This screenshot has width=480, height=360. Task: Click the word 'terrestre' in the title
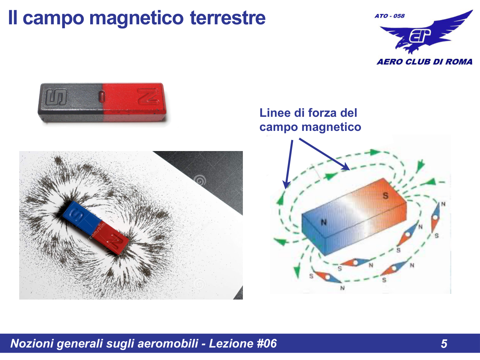[228, 18]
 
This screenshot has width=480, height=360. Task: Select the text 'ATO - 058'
[389, 16]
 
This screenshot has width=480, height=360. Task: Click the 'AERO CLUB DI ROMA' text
[424, 62]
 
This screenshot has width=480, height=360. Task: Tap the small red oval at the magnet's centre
[102, 96]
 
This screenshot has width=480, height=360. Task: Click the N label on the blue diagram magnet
[324, 222]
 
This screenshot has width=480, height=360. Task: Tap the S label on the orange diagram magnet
[386, 196]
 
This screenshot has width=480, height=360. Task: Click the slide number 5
[444, 344]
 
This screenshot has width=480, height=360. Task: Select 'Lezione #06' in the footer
[243, 343]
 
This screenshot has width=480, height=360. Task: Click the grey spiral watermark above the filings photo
[200, 180]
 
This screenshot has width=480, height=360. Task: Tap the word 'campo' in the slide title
[54, 18]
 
